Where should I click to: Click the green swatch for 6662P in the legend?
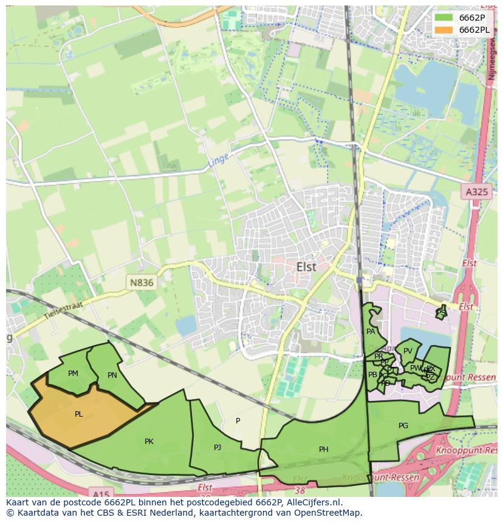(x=443, y=18)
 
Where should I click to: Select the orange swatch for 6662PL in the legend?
(x=443, y=30)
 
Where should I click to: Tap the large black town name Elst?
(x=307, y=267)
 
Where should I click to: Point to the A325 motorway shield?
(x=476, y=192)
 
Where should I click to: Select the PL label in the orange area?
(x=79, y=414)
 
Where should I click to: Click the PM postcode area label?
(x=74, y=374)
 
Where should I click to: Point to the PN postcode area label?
(x=112, y=375)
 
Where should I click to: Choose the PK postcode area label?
(x=149, y=442)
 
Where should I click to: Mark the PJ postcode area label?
(x=217, y=448)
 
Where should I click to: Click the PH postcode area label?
(x=324, y=450)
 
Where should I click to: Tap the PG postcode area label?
(x=403, y=426)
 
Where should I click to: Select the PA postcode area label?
(x=371, y=332)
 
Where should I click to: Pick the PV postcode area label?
(x=408, y=351)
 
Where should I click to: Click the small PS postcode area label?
(x=441, y=312)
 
